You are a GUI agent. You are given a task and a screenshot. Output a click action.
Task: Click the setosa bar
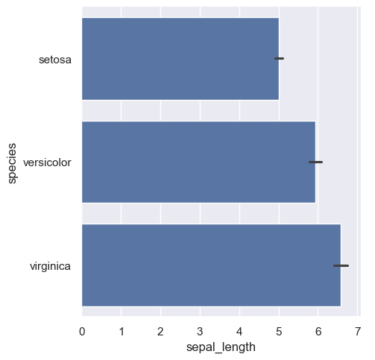click(179, 58)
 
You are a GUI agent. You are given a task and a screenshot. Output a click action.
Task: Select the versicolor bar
click(198, 162)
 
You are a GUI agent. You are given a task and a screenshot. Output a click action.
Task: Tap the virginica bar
click(210, 265)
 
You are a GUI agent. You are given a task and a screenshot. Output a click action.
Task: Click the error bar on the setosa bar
click(280, 58)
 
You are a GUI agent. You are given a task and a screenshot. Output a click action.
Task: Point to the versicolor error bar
click(316, 162)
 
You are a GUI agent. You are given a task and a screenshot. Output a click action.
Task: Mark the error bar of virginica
click(341, 265)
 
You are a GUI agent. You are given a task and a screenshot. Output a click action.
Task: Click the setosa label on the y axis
click(55, 59)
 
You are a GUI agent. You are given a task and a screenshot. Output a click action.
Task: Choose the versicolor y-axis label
click(48, 162)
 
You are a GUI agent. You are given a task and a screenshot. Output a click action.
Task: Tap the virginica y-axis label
click(50, 265)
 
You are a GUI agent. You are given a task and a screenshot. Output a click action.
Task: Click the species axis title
click(13, 162)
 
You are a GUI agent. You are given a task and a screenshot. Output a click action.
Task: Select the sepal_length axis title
click(220, 347)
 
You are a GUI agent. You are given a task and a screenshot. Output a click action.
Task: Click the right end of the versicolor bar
click(315, 171)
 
